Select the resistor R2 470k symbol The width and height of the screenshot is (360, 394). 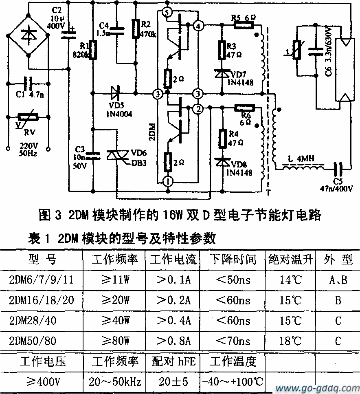(136, 29)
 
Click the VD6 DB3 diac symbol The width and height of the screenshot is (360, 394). (116, 156)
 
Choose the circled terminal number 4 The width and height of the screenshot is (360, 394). (198, 26)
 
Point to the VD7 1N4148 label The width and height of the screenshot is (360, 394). (240, 79)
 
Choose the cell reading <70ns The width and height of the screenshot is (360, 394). (233, 341)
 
